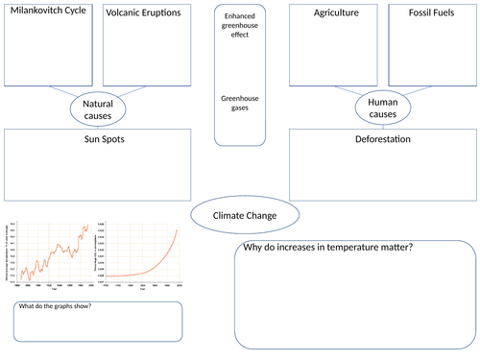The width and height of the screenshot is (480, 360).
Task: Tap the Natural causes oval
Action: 98,109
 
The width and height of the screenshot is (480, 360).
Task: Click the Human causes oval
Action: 383,108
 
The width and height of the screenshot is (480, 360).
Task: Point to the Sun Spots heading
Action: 99,140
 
